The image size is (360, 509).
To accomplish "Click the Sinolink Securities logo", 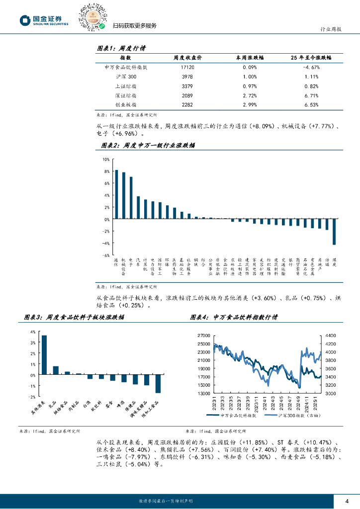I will tap(44, 20).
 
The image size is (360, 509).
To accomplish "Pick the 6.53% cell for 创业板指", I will tap(311, 104).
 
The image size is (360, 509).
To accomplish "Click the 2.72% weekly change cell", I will tap(250, 95).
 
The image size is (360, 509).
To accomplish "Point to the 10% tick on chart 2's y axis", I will tap(106, 160).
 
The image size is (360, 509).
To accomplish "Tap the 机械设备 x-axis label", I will tap(123, 266).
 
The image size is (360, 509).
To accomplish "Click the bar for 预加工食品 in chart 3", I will tap(158, 384).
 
